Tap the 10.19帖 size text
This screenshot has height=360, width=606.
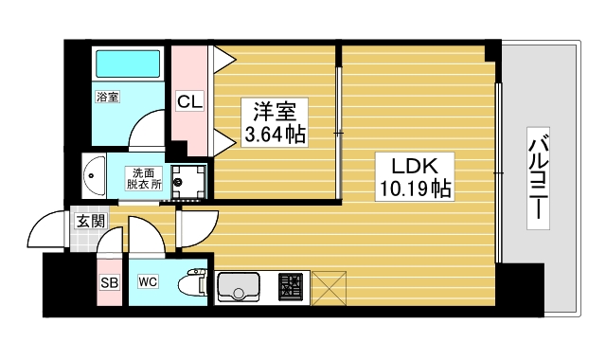[x=414, y=189]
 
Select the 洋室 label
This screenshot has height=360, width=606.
[x=276, y=108]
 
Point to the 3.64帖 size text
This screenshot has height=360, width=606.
[x=276, y=135]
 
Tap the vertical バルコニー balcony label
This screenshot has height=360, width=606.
[x=537, y=177]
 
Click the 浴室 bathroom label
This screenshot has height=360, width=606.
[x=107, y=97]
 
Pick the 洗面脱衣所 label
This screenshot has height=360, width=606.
[x=146, y=178]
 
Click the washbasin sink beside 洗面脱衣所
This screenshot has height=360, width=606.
[x=95, y=175]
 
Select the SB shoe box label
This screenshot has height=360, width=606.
[x=109, y=282]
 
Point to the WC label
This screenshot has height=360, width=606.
[x=148, y=282]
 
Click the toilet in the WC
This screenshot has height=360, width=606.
[x=195, y=282]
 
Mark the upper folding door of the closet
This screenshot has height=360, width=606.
[x=223, y=59]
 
